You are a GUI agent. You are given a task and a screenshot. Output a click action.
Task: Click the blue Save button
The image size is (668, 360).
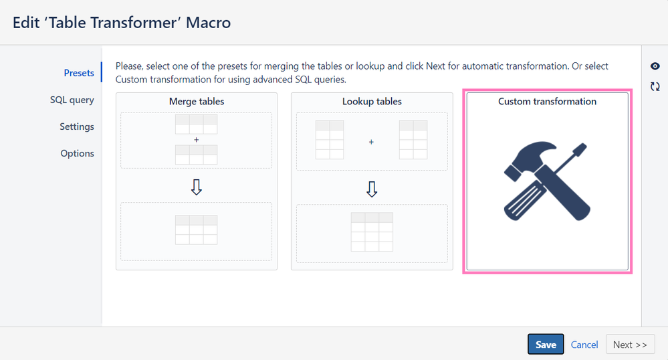(x=546, y=344)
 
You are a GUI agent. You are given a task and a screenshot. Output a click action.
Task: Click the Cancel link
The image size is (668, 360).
(x=584, y=345)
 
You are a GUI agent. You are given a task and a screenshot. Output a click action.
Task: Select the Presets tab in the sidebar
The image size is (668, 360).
(x=79, y=73)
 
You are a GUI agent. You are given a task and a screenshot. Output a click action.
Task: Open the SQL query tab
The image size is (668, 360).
(x=72, y=100)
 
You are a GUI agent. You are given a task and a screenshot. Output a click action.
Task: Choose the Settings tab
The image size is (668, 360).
(x=77, y=126)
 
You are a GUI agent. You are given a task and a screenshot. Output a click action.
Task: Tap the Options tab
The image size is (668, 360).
(x=77, y=153)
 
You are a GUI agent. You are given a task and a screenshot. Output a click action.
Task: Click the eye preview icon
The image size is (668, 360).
(x=655, y=66)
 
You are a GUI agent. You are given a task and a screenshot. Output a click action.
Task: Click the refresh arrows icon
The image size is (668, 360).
(x=655, y=86)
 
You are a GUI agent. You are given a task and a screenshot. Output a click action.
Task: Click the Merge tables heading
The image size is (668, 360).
(x=197, y=102)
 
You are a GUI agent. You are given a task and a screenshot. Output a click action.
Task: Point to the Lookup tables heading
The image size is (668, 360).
(x=372, y=102)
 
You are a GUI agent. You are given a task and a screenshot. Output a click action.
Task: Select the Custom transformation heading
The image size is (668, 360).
(x=548, y=102)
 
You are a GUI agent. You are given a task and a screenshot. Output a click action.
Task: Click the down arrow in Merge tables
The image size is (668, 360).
(x=197, y=187)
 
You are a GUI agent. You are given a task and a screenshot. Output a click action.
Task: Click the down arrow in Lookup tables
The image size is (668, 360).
(x=372, y=189)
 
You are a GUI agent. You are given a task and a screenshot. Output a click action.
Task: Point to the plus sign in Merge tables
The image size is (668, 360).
(x=197, y=140)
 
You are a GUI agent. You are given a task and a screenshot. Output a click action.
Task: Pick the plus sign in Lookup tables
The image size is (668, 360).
(x=371, y=142)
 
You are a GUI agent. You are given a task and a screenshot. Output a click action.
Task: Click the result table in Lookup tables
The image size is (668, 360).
(x=372, y=232)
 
